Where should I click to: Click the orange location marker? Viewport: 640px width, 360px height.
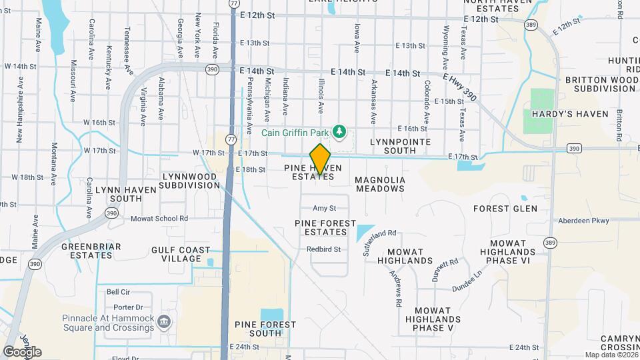point(320,159)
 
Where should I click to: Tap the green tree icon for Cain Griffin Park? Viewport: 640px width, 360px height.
point(340,131)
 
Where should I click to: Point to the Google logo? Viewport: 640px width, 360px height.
point(22,352)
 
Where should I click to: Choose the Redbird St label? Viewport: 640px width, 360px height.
point(324,249)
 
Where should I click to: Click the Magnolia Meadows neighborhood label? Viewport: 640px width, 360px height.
point(379,184)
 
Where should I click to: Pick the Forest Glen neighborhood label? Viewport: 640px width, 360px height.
point(505,209)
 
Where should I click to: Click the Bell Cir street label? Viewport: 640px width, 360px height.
point(117,292)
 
